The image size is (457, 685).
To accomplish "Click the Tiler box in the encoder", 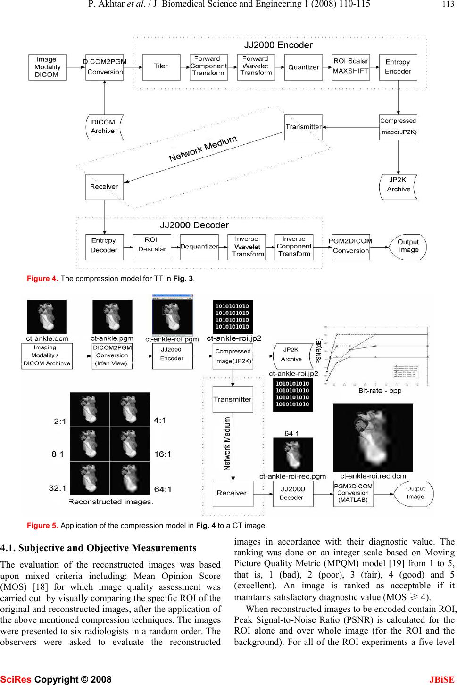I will coord(161,66).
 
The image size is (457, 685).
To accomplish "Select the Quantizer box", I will coord(303,67).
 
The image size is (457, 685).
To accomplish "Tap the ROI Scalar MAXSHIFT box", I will coord(350,66).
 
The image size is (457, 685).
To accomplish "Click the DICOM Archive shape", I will coord(104,127).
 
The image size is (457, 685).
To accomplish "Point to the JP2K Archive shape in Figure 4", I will coord(399,186).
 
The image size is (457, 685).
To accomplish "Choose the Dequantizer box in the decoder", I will coord(199,247).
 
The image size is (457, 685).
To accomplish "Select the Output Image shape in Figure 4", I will coord(407,246).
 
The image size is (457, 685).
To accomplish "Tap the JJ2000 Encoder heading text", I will coord(278,46).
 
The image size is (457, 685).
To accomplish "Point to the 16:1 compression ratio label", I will coord(163,454).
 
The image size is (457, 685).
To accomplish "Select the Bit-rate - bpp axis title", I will coord(379,391).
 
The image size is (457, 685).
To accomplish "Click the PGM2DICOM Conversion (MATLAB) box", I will coord(353,493).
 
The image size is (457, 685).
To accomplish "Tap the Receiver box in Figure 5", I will coord(232,493).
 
